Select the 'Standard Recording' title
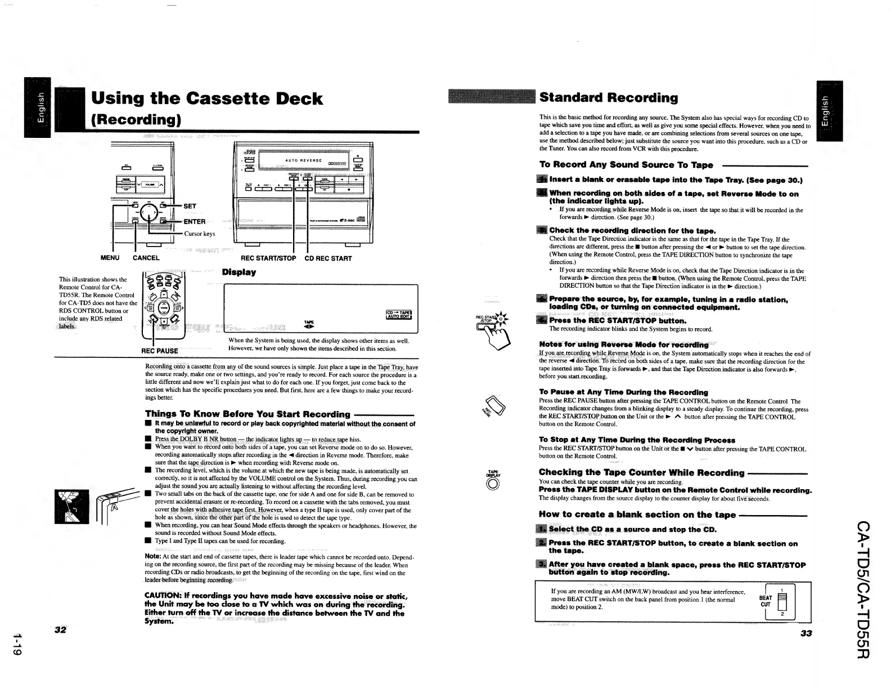point(609,97)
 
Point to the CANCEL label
point(146,258)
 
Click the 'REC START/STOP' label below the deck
point(268,258)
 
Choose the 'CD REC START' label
point(328,258)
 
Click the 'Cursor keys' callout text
point(200,234)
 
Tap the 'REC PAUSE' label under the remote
point(159,351)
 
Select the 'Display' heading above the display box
point(238,272)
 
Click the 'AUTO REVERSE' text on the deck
point(304,160)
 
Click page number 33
point(806,633)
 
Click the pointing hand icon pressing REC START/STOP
point(499,337)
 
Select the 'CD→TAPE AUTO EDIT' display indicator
point(398,315)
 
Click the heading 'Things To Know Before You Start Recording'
point(247,414)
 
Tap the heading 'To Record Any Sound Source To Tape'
point(626,165)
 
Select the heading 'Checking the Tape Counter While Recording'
point(641,472)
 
